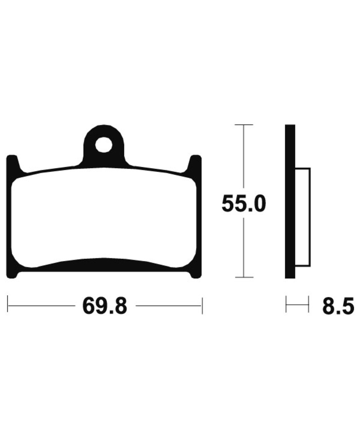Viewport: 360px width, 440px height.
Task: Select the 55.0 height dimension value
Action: (x=244, y=205)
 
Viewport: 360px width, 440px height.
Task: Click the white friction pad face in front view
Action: (x=103, y=216)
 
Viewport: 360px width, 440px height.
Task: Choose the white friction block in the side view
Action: (x=303, y=216)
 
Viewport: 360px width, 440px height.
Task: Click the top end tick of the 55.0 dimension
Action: (x=243, y=125)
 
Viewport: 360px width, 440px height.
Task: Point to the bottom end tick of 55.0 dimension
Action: (x=243, y=277)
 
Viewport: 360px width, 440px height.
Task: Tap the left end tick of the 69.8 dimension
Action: (x=8, y=305)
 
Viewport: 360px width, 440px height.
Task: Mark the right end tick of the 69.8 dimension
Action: (x=202, y=305)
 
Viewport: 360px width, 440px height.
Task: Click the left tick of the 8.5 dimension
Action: (x=286, y=304)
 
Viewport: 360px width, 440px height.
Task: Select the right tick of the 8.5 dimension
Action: (x=308, y=304)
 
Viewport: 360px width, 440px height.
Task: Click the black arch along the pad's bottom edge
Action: (x=103, y=264)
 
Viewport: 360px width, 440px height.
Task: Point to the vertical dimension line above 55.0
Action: (x=243, y=157)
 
